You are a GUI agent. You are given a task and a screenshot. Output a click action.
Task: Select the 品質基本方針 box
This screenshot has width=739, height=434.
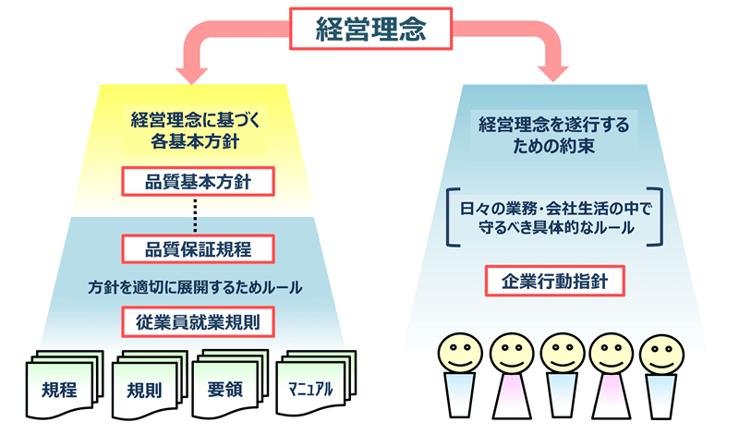tap(198, 182)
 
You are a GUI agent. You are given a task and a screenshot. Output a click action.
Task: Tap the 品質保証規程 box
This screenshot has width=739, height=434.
tap(198, 248)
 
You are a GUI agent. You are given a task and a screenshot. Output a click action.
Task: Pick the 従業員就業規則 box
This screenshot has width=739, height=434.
tap(198, 321)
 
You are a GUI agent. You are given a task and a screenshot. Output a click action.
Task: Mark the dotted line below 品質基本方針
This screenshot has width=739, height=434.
tap(198, 215)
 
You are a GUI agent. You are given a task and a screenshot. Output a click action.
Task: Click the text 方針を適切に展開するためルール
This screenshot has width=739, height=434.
tap(198, 286)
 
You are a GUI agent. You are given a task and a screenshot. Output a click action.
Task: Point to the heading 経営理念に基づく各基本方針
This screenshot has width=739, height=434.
tap(198, 130)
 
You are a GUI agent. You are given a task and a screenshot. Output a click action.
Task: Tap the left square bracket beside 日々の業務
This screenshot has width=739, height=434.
tap(450, 218)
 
